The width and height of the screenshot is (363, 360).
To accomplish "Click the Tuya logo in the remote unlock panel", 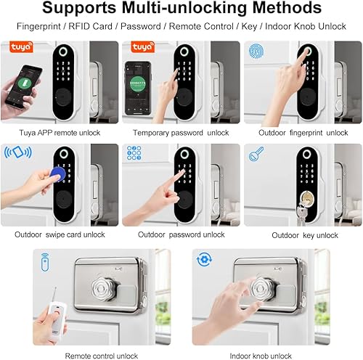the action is click(x=21, y=46).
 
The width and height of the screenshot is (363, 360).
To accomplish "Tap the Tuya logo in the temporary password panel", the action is click(x=142, y=46).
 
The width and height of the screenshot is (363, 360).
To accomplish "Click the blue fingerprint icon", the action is click(x=256, y=51).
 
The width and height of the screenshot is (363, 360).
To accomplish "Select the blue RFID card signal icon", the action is click(x=18, y=152).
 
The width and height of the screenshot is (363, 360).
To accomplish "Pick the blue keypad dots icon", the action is click(x=134, y=153).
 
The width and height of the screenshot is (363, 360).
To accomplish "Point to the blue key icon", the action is click(x=256, y=154).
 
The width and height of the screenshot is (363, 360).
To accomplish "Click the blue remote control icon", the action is click(x=45, y=262).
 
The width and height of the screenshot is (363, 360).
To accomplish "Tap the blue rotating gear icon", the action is click(x=205, y=259).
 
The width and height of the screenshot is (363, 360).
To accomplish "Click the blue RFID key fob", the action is click(x=57, y=175).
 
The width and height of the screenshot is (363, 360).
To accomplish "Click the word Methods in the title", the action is click(x=287, y=8).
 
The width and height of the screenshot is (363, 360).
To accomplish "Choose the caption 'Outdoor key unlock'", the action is click(x=305, y=235).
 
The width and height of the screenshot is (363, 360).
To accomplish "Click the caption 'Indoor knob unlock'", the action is click(x=261, y=356).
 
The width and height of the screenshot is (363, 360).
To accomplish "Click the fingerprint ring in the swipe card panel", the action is click(x=64, y=153).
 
